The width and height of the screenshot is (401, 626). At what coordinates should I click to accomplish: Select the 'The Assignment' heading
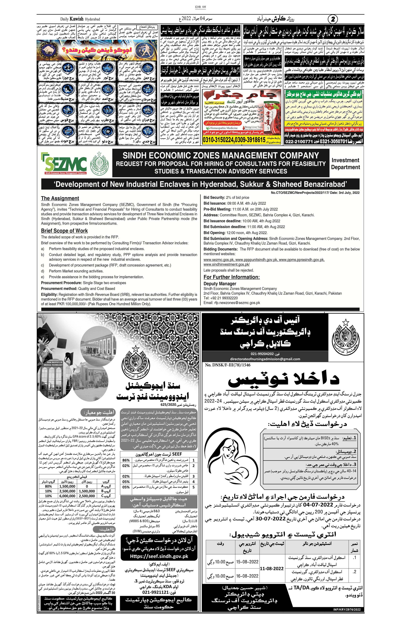[x=60, y=198]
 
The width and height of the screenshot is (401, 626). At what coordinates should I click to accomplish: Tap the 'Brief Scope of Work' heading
[x=64, y=231]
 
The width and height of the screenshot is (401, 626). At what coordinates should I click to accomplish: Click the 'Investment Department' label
[x=345, y=164]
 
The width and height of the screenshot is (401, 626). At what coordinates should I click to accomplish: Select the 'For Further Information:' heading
[x=232, y=277]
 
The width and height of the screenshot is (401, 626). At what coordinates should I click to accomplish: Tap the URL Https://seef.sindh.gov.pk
[x=159, y=556]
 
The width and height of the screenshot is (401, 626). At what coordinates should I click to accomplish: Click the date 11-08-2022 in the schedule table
[x=272, y=568]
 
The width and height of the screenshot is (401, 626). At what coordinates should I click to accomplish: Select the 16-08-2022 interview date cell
[x=247, y=576]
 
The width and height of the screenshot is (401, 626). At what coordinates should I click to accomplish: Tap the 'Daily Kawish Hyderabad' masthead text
[x=80, y=19]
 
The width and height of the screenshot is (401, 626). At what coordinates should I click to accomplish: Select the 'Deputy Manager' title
[x=220, y=284]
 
